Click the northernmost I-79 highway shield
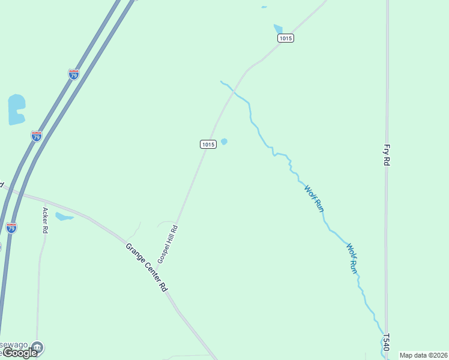click(74, 74)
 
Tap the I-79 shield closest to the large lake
click(37, 136)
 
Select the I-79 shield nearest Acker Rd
click(11, 227)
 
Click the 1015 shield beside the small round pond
click(208, 144)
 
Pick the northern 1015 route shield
click(286, 38)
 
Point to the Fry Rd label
click(387, 154)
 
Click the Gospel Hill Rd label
click(168, 244)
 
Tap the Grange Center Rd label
click(146, 267)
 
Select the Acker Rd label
click(45, 220)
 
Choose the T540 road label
click(386, 342)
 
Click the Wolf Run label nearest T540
click(352, 258)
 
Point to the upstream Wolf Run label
click(313, 198)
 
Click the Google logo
click(20, 353)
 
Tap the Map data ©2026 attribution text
click(424, 355)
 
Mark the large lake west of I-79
click(16, 110)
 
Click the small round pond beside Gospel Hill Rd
click(224, 142)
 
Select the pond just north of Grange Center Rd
click(63, 217)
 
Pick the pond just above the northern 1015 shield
click(278, 29)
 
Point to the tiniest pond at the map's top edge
click(264, 7)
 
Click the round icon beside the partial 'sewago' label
click(38, 346)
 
